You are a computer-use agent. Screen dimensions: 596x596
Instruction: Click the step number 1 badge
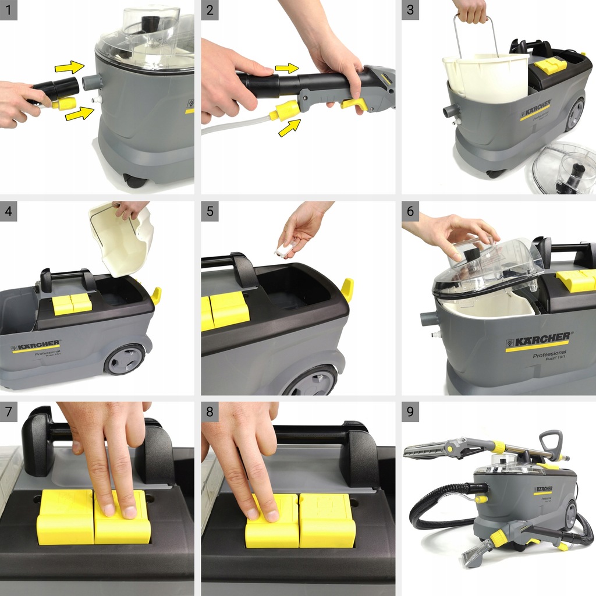pyautogui.click(x=9, y=10)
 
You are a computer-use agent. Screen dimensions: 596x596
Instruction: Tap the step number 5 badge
pyautogui.click(x=210, y=211)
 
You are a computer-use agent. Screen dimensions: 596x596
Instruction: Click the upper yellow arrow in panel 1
pyautogui.click(x=70, y=67)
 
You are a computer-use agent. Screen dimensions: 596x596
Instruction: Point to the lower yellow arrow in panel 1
pyautogui.click(x=80, y=112)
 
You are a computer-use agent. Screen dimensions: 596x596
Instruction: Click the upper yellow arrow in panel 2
pyautogui.click(x=287, y=68)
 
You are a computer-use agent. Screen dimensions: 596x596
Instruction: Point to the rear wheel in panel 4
pyautogui.click(x=125, y=359)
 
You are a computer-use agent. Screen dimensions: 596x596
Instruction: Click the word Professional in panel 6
pyautogui.click(x=549, y=354)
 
